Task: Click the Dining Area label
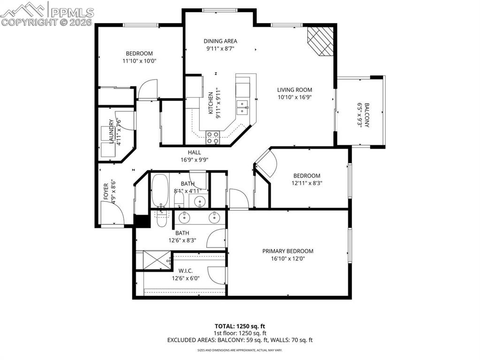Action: (x=220, y=41)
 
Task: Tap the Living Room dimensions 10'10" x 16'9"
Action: (x=294, y=97)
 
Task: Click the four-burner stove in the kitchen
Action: (x=213, y=137)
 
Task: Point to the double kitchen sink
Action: (x=243, y=107)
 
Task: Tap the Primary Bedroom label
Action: (x=288, y=251)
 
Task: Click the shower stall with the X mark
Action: (x=153, y=261)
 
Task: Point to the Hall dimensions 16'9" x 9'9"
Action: (x=195, y=159)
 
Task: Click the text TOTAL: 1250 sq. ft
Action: (x=240, y=326)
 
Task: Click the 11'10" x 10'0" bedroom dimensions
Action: (x=139, y=60)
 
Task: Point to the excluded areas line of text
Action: (x=240, y=340)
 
